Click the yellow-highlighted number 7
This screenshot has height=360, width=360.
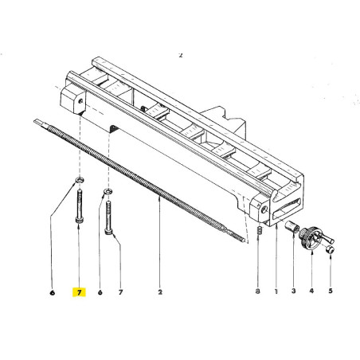(x=80, y=292)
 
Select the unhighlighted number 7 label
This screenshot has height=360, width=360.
(x=121, y=292)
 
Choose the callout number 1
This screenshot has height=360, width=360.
(x=275, y=292)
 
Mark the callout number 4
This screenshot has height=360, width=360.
(x=311, y=292)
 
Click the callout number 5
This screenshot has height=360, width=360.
(x=331, y=292)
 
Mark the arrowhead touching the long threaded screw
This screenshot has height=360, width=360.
(x=160, y=203)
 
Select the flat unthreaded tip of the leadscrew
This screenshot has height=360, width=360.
(x=41, y=122)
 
